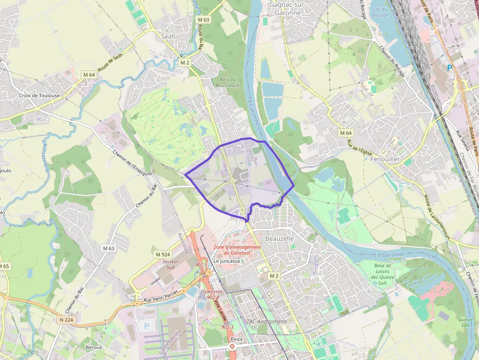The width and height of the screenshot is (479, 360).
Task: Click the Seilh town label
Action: pyautogui.click(x=168, y=36)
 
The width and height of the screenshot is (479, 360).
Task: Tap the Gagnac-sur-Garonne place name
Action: pyautogui.click(x=285, y=9)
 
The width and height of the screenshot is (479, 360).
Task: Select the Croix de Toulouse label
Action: pyautogui.click(x=39, y=95)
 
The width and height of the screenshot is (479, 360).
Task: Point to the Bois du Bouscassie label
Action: pyautogui.click(x=228, y=82)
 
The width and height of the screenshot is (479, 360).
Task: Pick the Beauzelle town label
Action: pyautogui.click(x=279, y=238)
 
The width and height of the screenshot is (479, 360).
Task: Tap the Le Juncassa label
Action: pyautogui.click(x=227, y=261)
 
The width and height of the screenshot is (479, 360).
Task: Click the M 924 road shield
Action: pyautogui.click(x=163, y=254)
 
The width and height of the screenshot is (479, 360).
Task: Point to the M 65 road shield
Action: pyautogui.click(x=4, y=266)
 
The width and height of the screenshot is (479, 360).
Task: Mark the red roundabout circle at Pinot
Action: pyautogui.click(x=233, y=346)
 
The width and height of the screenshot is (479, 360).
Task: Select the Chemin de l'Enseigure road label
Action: pyautogui.click(x=132, y=164)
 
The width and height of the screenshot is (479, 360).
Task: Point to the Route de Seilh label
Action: pyautogui.click(x=110, y=63)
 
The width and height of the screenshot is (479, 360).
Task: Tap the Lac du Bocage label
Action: pyautogui.click(x=380, y=12)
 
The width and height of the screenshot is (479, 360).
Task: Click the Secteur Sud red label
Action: pyautogui.click(x=171, y=264)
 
